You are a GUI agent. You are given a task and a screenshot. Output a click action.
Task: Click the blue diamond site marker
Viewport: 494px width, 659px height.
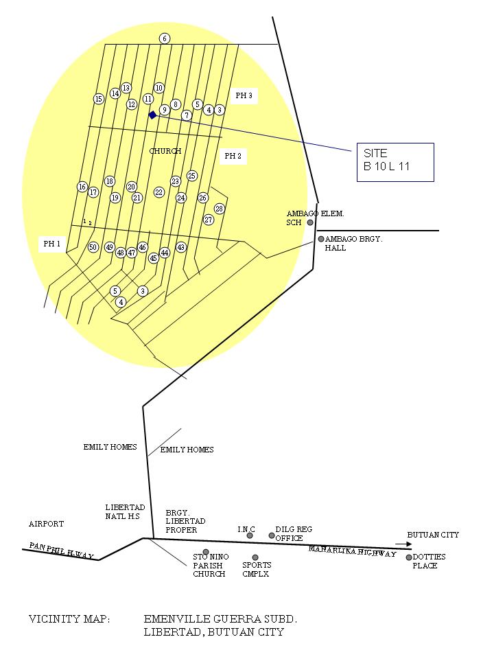[x=152, y=115]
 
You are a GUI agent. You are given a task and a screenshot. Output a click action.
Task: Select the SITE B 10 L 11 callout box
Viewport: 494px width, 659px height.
[x=395, y=162]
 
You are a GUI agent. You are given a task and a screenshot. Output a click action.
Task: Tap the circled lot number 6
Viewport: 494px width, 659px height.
[x=165, y=38]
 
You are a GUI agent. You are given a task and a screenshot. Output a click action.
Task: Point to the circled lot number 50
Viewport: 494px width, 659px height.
[x=93, y=247]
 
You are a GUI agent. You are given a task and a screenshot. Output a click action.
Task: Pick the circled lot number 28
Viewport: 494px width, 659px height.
[x=220, y=209]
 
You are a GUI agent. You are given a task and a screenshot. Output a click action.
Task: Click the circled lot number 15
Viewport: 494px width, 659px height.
[x=99, y=99]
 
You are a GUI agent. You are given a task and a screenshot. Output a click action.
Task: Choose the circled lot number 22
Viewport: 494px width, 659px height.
[x=159, y=192]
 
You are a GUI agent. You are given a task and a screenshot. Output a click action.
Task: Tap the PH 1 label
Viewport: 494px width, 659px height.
[x=52, y=244]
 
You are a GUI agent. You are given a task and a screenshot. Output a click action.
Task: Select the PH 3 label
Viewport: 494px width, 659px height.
[x=244, y=96]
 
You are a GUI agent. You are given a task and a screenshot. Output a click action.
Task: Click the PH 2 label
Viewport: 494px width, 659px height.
[x=233, y=157]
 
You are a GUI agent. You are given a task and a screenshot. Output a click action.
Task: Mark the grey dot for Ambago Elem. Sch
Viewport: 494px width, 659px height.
[x=310, y=222]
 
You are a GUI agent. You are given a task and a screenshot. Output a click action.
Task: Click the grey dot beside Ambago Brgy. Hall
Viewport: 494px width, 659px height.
[x=320, y=239]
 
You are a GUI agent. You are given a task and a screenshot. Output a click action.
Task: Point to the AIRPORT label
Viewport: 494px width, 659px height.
[x=46, y=524]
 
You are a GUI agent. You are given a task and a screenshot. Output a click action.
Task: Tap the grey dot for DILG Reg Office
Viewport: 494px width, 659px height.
[x=272, y=535]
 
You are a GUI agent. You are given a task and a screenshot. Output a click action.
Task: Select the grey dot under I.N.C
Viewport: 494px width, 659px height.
[x=250, y=535]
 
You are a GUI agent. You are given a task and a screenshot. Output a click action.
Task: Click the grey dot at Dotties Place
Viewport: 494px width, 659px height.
[x=409, y=557]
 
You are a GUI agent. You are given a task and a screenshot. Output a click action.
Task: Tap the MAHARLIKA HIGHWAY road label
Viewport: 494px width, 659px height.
[x=352, y=551]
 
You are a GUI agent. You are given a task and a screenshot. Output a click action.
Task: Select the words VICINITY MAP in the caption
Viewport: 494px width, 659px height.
[x=69, y=619]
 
